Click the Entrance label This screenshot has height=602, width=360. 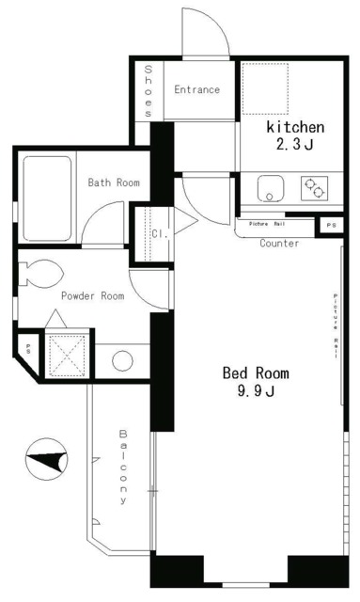tap(196, 90)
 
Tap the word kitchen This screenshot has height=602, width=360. tap(295, 127)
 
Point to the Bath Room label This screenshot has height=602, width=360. tap(114, 182)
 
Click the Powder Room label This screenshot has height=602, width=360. tap(92, 295)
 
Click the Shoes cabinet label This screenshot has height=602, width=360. tap(149, 91)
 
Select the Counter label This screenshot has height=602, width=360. tap(279, 244)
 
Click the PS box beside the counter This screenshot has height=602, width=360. tap(329, 226)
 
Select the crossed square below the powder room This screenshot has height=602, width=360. tap(67, 356)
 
